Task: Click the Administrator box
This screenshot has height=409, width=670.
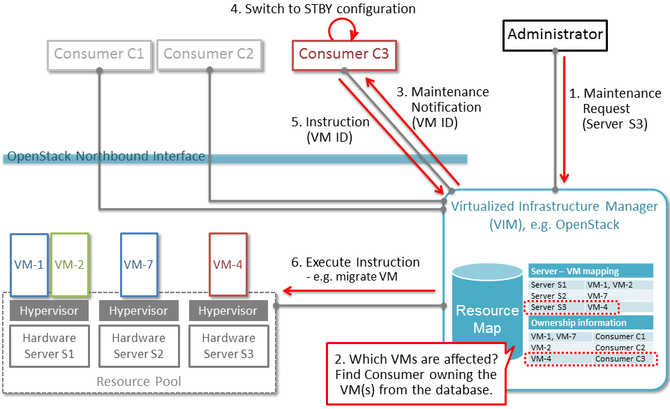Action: (x=555, y=34)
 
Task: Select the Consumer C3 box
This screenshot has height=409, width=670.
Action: (x=343, y=54)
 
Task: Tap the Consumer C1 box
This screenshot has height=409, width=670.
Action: (x=98, y=54)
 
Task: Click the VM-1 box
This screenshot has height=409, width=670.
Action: (x=29, y=265)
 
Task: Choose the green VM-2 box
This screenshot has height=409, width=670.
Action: (x=68, y=265)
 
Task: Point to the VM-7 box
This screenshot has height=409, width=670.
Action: (x=138, y=265)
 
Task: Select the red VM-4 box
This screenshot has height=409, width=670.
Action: (x=228, y=265)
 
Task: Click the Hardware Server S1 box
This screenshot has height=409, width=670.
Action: (x=49, y=345)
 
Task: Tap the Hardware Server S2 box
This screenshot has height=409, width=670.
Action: (x=138, y=345)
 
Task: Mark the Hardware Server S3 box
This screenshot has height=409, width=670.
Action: (x=228, y=345)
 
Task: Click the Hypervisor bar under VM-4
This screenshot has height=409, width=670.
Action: (x=228, y=311)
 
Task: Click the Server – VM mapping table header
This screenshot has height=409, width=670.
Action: (x=590, y=271)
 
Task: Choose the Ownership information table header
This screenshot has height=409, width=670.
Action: (x=590, y=323)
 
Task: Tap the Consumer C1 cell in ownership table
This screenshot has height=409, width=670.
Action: (x=623, y=336)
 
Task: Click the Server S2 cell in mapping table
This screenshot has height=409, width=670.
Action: (x=556, y=296)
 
